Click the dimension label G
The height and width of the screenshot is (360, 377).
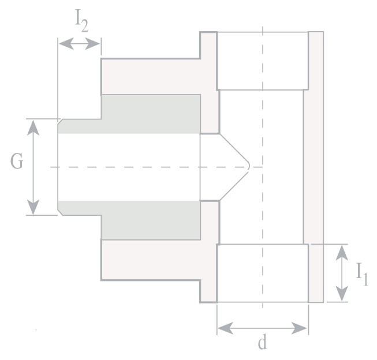pos(17,161)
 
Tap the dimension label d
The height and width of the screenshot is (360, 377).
pos(262,342)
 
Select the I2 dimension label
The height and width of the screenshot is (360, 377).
pos(81,21)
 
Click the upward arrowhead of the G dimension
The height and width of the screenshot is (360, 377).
pos(33,127)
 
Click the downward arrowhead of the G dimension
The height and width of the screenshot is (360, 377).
pos(33,207)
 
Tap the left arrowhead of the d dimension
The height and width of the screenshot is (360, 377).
pos(225,328)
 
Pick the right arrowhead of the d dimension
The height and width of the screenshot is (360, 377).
pos(299,328)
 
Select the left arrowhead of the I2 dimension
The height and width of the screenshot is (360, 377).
pos(66,43)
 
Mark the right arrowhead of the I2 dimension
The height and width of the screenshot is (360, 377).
pos(92,43)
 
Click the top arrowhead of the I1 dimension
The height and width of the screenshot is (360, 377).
pos(342,253)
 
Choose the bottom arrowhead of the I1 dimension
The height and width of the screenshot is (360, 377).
pos(342,294)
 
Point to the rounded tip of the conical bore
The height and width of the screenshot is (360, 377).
pos(249,166)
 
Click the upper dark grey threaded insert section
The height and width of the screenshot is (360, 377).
pos(130,114)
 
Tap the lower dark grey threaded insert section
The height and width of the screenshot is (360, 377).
pos(130,220)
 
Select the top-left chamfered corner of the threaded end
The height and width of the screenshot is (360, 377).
pos(60,121)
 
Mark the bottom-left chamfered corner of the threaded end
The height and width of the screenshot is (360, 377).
pos(60,212)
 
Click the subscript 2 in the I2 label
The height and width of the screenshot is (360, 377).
pos(84,26)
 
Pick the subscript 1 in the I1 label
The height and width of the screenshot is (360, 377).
pos(365,279)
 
